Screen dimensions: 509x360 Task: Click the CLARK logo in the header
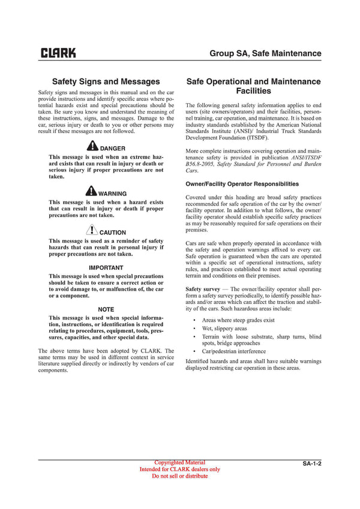coord(58,53)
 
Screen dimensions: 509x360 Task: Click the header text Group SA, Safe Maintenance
coord(265,53)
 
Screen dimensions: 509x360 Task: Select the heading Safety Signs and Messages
coord(106,82)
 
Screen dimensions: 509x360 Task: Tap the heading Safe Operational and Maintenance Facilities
coord(253,86)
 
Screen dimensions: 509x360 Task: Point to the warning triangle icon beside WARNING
coord(91,191)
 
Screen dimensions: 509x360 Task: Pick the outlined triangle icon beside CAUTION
coord(91,230)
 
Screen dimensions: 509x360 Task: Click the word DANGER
coord(113,148)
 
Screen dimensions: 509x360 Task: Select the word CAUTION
coord(113,233)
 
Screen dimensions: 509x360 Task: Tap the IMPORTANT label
coord(106,267)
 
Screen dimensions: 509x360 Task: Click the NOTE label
coord(106,309)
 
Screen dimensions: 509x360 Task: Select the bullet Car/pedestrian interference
coord(233,351)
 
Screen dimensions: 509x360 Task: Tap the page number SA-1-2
coord(311,464)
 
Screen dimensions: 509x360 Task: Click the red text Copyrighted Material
coord(179,463)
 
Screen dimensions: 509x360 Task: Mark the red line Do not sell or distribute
coord(179,476)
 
